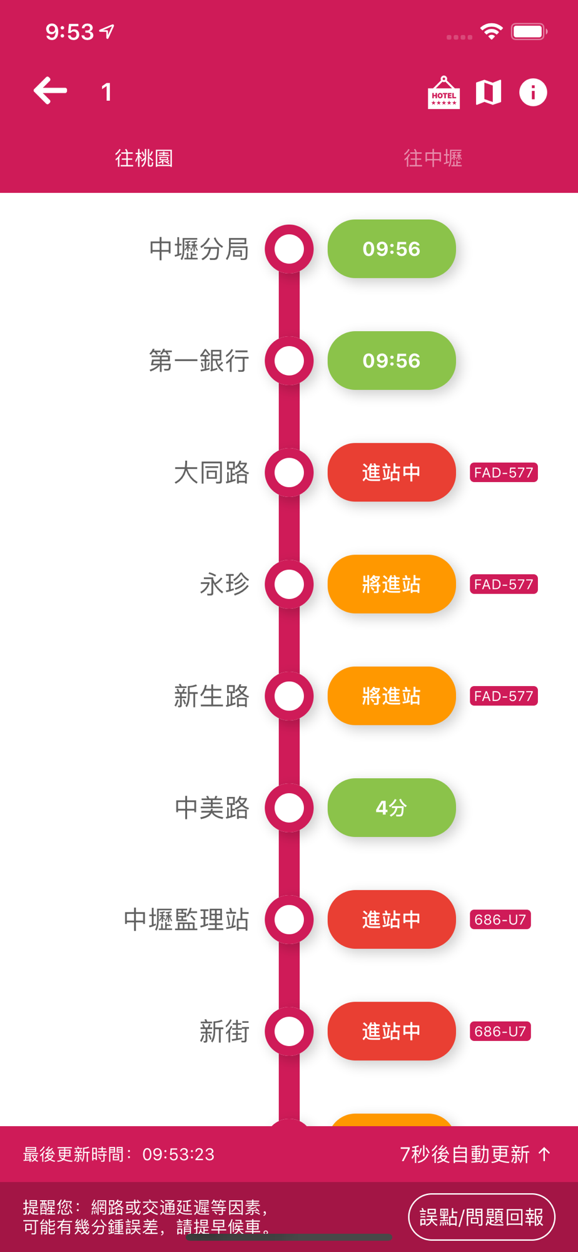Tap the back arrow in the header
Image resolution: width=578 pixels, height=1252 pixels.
click(50, 91)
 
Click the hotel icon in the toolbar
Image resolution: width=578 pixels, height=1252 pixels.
click(444, 93)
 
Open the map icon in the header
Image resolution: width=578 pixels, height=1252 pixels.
click(488, 93)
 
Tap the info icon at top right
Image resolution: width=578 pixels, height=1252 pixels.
click(533, 93)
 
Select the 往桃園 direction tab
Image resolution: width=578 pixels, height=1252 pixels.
click(144, 158)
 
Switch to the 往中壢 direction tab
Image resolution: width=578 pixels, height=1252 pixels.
click(433, 158)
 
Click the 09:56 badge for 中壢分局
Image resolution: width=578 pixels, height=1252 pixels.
click(392, 249)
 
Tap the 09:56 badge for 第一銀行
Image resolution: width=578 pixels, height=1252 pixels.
click(392, 361)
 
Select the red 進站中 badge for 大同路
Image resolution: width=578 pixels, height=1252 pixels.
click(392, 473)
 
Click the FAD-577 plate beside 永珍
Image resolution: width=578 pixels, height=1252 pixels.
click(504, 584)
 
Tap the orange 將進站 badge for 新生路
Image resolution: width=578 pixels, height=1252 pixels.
click(392, 696)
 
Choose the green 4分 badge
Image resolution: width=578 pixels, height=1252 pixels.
click(392, 808)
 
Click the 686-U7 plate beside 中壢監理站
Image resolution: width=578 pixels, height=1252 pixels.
click(500, 920)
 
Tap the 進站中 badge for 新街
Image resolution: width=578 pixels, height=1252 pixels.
click(392, 1031)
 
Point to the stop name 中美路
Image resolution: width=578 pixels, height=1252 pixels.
click(212, 808)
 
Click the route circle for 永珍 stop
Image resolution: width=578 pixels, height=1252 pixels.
click(289, 584)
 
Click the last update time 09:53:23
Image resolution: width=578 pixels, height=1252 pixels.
click(178, 1154)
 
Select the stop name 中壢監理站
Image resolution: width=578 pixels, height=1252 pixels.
click(186, 920)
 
